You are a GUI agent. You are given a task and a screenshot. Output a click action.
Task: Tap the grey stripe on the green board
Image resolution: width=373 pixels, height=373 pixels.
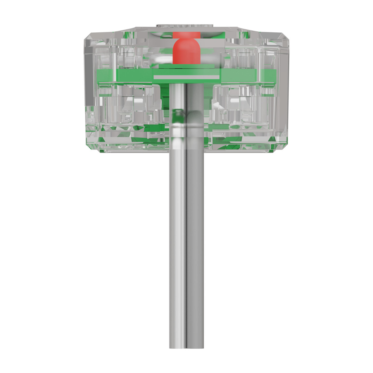click(186, 76)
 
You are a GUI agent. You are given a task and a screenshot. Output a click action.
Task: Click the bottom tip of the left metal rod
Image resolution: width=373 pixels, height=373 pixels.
click(177, 347)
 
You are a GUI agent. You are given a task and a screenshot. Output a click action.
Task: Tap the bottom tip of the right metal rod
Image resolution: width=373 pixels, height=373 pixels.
click(196, 347)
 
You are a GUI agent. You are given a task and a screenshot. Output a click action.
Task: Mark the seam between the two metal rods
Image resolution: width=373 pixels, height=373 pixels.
click(186, 249)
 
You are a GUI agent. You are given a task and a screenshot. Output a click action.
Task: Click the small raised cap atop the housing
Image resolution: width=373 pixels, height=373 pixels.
click(186, 24)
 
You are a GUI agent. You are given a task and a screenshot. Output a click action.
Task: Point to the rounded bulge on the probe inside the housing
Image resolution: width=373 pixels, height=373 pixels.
click(186, 118)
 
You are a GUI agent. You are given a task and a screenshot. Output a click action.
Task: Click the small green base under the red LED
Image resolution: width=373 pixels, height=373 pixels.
click(186, 66)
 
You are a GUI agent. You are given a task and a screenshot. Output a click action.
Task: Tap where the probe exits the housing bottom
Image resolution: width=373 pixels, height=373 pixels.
click(186, 152)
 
